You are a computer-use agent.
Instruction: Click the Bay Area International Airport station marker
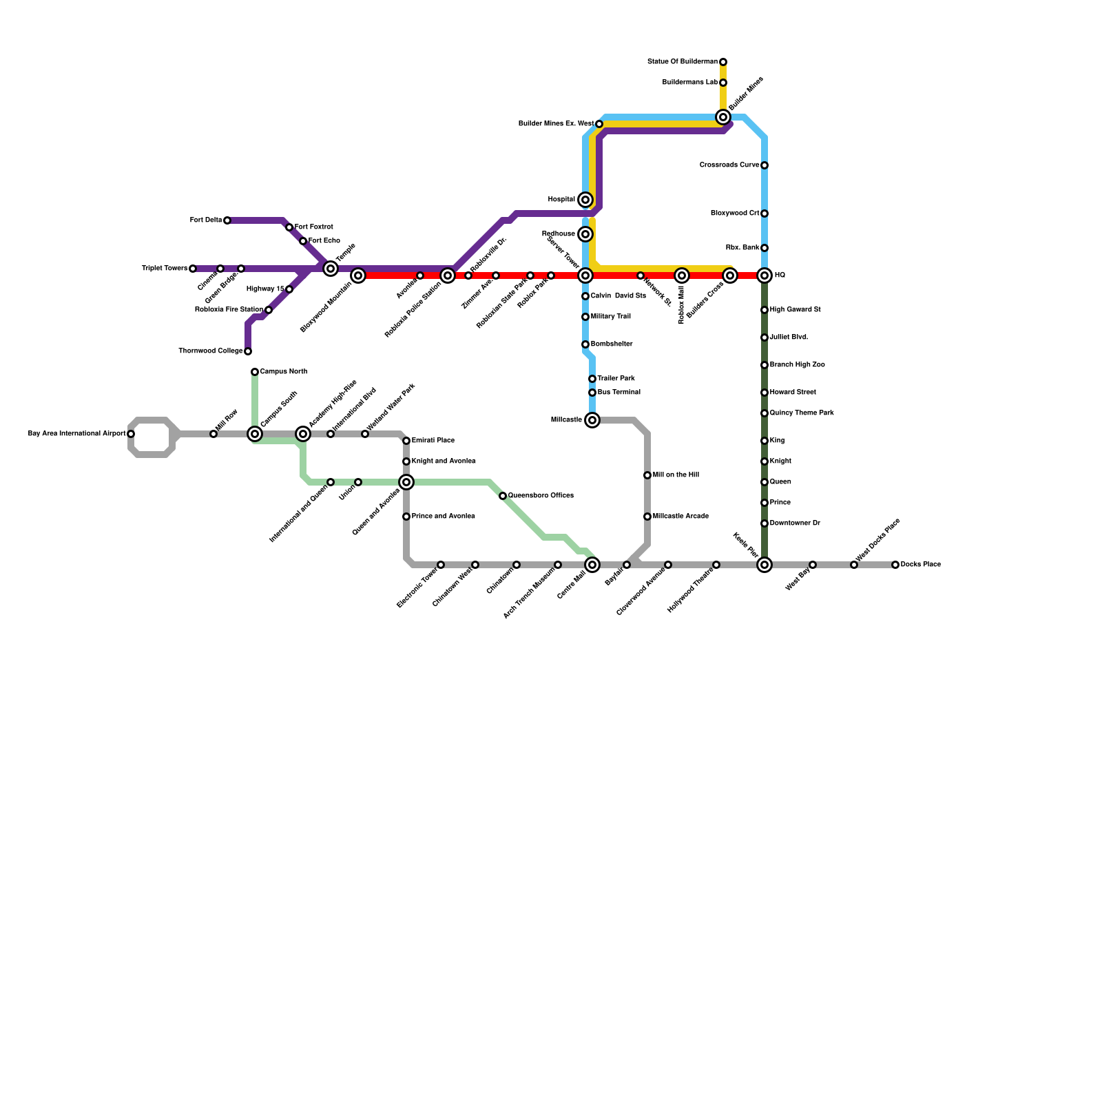(x=131, y=434)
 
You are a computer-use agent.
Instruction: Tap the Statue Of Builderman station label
(x=682, y=62)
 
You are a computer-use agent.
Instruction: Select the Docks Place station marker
(x=895, y=565)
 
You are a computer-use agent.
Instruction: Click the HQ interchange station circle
(x=765, y=275)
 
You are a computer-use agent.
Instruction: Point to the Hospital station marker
(x=585, y=200)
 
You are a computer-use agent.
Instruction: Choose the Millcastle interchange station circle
(x=592, y=420)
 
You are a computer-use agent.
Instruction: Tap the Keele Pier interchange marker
(x=765, y=565)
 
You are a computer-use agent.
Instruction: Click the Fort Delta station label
(x=205, y=220)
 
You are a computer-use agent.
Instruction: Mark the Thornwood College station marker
(x=248, y=351)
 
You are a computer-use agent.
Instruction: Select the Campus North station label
(x=283, y=372)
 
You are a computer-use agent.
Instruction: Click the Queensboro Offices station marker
(x=503, y=496)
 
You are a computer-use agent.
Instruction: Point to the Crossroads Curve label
(x=729, y=165)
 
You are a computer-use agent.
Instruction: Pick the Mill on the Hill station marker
(x=647, y=475)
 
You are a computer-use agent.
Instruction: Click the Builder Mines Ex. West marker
(x=599, y=124)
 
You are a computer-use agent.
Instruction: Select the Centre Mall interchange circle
(x=592, y=565)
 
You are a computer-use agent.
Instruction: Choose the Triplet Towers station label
(x=165, y=269)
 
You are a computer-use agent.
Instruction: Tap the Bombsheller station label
(x=612, y=344)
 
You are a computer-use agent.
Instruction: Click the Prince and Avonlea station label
(x=443, y=517)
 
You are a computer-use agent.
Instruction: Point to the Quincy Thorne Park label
(x=802, y=413)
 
